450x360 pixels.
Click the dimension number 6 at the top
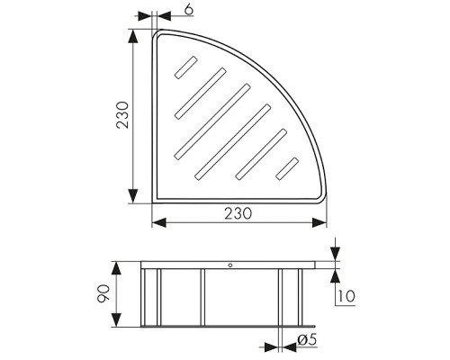(189, 9)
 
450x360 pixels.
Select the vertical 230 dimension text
(122, 115)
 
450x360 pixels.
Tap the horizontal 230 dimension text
(238, 213)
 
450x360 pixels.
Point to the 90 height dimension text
(103, 293)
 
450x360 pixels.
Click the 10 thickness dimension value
(346, 296)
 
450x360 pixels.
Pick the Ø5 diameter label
(307, 339)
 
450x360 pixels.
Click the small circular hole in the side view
(230, 265)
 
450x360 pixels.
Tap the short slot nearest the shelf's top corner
(186, 67)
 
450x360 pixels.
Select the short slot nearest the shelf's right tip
(287, 168)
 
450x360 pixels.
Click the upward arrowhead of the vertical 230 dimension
(133, 37)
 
